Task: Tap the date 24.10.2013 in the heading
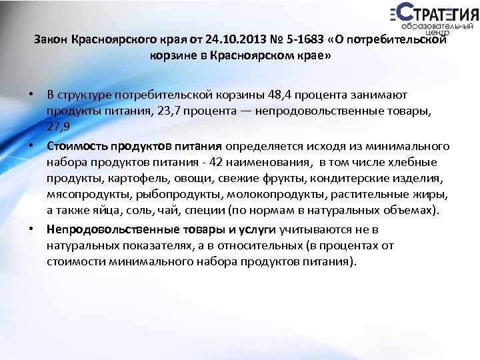point(231,40)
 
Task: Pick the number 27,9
point(58,128)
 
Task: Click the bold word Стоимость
point(73,145)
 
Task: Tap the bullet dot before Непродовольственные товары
point(32,229)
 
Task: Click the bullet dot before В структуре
point(32,95)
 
